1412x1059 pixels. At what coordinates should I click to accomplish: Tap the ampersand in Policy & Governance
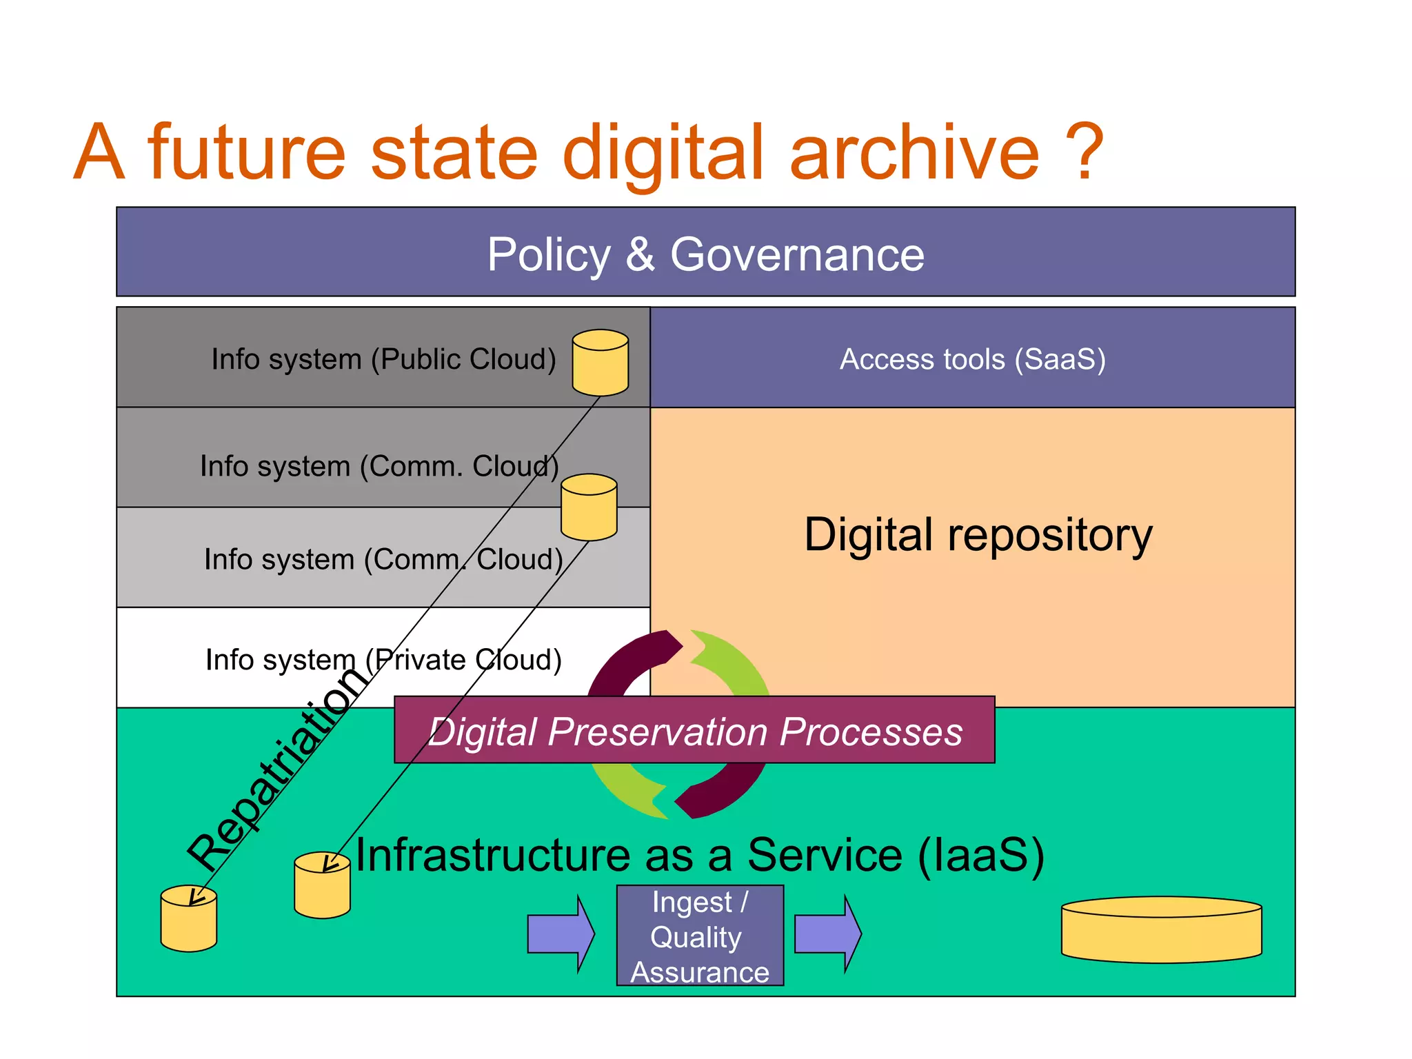coord(640,254)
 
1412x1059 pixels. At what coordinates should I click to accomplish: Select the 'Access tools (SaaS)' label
coord(972,359)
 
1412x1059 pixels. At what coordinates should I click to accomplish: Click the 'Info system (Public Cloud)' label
coord(383,359)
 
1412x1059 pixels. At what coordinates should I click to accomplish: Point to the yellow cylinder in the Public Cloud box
coord(600,363)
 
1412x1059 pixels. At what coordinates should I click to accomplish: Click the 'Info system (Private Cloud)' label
coord(383,660)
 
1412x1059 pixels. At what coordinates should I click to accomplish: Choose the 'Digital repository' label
coord(978,535)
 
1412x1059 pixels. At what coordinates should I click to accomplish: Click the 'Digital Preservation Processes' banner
coord(694,731)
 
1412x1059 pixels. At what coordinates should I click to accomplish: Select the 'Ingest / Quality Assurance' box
coord(699,936)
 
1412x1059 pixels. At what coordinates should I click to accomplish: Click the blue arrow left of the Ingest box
coord(560,934)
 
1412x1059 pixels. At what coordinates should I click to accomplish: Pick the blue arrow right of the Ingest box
coord(827,934)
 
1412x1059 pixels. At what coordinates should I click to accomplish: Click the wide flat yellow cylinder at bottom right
coord(1161,931)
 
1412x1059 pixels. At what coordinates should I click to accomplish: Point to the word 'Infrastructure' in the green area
coord(492,856)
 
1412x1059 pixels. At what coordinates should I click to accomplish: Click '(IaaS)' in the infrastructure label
coord(980,856)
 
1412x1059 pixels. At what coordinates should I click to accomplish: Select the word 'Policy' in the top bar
coord(549,254)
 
